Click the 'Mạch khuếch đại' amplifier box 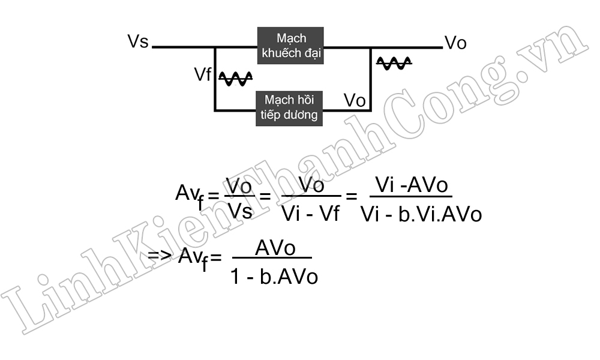pyautogui.click(x=291, y=46)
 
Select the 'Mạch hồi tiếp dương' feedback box pyautogui.click(x=290, y=107)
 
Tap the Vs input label pyautogui.click(x=138, y=42)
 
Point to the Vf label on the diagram pyautogui.click(x=203, y=74)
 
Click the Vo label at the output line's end pyautogui.click(x=455, y=43)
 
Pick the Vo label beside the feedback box pyautogui.click(x=355, y=100)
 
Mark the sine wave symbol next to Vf pyautogui.click(x=235, y=78)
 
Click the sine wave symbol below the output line pyautogui.click(x=394, y=62)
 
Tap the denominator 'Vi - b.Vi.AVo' pyautogui.click(x=421, y=214)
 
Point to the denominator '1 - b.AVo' pyautogui.click(x=274, y=276)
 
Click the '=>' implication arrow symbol pyautogui.click(x=160, y=256)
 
